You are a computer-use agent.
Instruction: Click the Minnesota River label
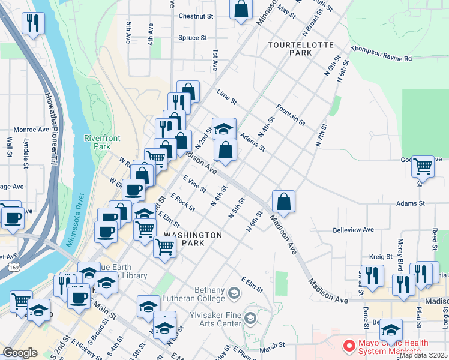(x=79, y=215)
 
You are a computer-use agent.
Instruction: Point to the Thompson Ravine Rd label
(x=381, y=54)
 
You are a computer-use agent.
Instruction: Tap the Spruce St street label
(x=193, y=38)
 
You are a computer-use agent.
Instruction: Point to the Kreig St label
(x=376, y=256)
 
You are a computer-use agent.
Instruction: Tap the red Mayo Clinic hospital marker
(x=348, y=346)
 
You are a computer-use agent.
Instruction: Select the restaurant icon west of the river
(x=32, y=23)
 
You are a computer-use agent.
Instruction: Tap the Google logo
(x=20, y=353)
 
